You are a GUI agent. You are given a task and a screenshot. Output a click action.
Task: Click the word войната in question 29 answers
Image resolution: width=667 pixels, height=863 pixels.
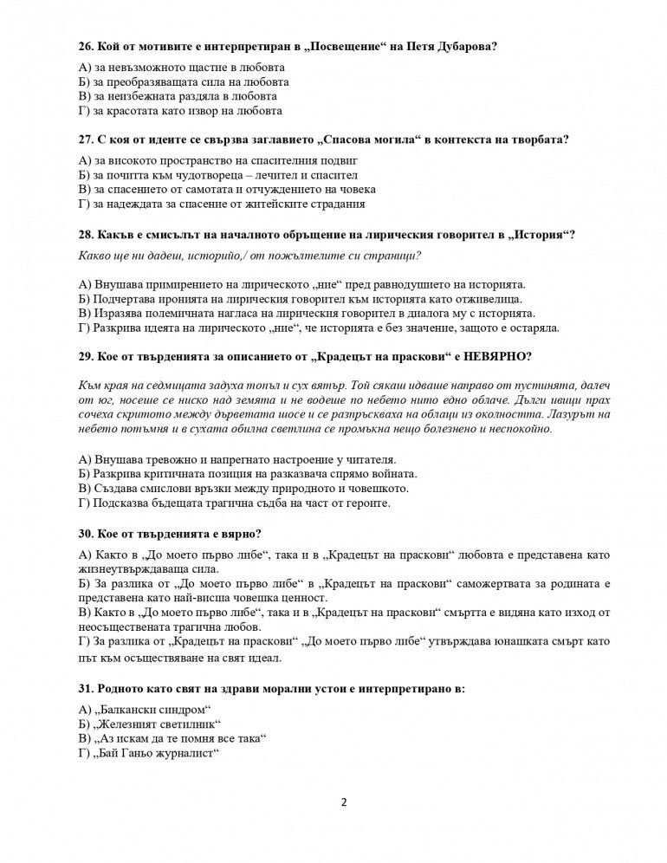(394, 474)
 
